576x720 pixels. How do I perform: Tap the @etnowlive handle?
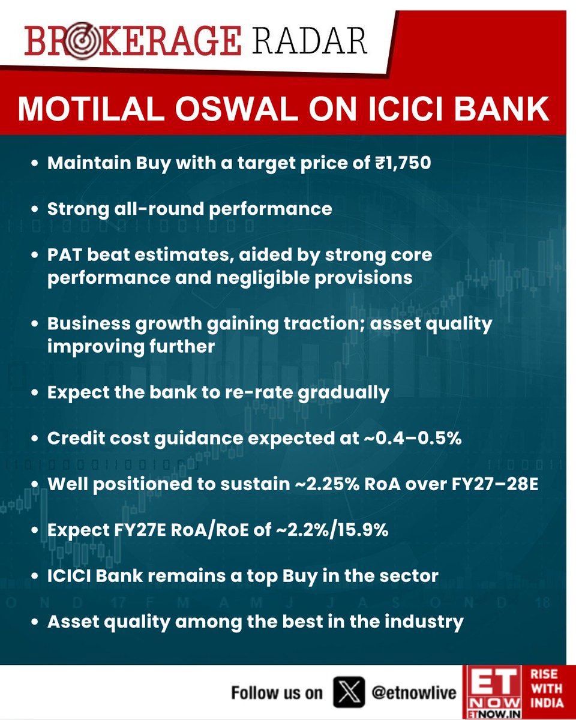(x=414, y=693)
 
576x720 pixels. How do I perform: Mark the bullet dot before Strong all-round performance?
(x=35, y=209)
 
